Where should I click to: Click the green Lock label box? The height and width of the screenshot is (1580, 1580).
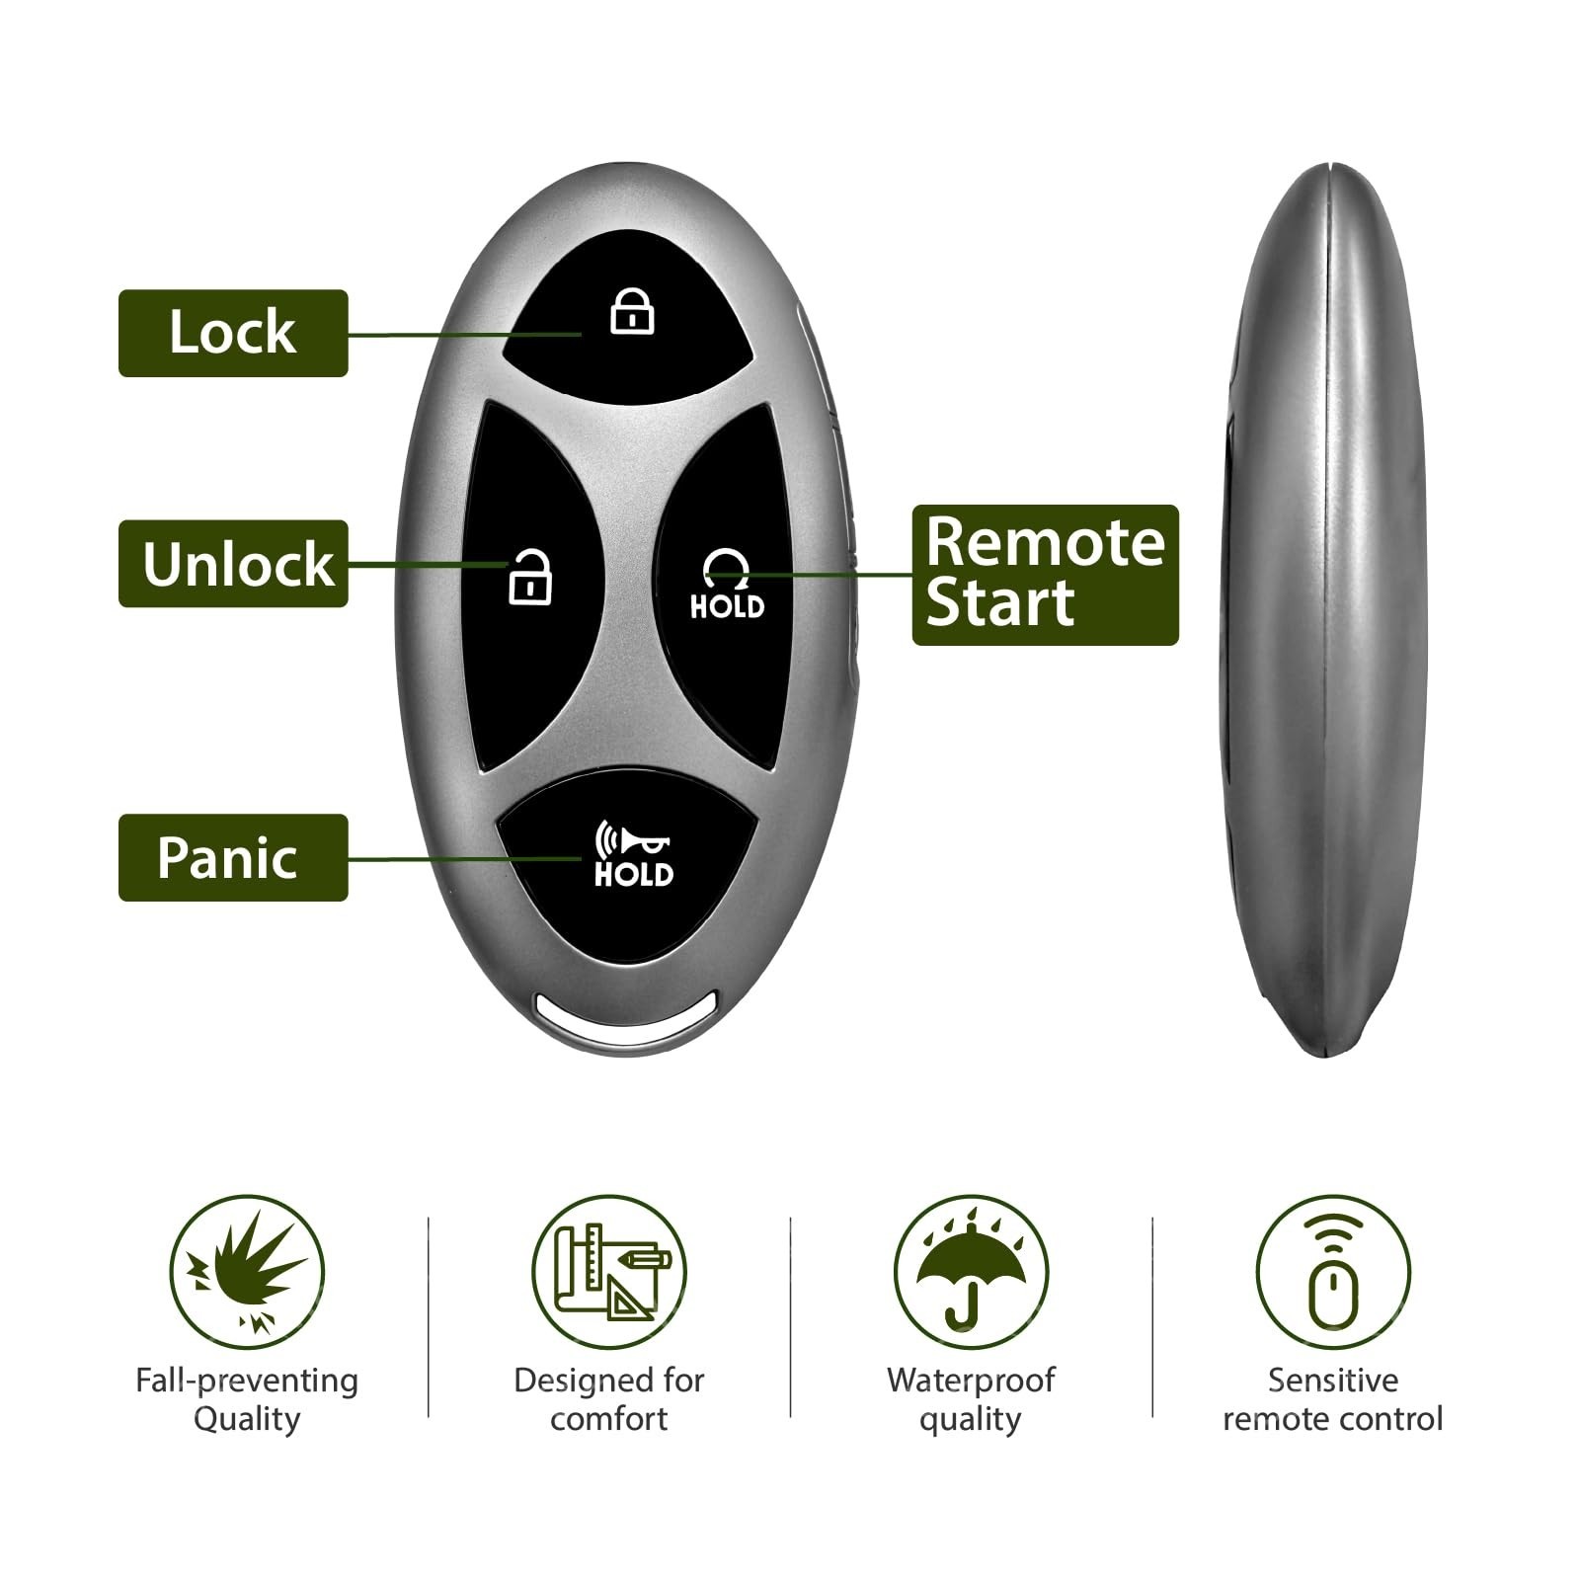[x=233, y=333]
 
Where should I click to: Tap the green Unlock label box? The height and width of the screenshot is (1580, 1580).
[x=233, y=563]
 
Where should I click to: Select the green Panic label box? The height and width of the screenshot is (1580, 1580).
[x=233, y=857]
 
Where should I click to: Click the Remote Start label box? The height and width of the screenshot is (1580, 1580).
[x=1045, y=575]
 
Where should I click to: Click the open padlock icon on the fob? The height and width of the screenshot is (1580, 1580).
[x=530, y=578]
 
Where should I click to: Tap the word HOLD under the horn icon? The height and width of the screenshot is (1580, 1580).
[x=633, y=874]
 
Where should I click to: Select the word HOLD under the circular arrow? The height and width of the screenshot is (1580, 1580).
[x=727, y=606]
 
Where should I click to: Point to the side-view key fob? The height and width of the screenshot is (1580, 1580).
[x=1322, y=610]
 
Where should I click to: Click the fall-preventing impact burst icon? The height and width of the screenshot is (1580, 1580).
[x=247, y=1272]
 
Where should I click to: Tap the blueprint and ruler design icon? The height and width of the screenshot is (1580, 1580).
[x=609, y=1272]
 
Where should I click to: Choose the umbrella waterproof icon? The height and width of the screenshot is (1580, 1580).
[x=971, y=1272]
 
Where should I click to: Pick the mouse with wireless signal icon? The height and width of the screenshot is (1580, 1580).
[x=1333, y=1272]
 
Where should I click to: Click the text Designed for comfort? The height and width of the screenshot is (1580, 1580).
[x=609, y=1399]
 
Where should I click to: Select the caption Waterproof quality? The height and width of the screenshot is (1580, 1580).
[x=971, y=1399]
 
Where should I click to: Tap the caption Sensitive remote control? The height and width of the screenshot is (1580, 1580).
[x=1333, y=1399]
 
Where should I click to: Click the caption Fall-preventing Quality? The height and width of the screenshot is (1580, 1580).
[x=247, y=1399]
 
